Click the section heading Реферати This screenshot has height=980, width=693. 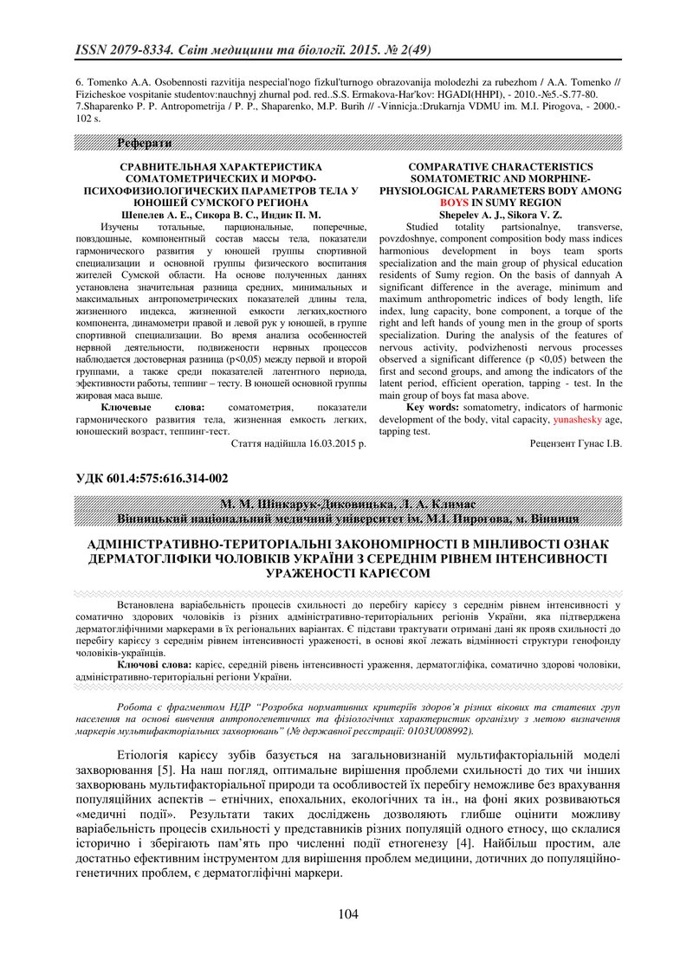pyautogui.click(x=145, y=143)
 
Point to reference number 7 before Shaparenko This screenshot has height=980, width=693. pyautogui.click(x=79, y=105)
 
